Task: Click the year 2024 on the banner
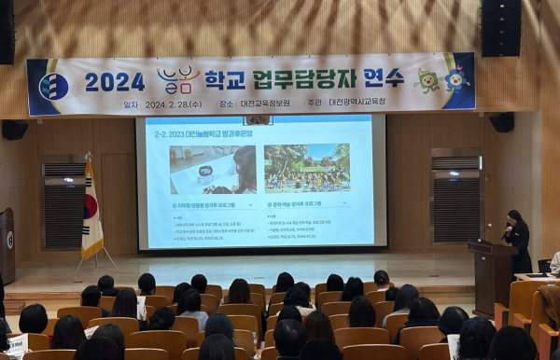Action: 114,82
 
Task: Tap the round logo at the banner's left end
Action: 53,87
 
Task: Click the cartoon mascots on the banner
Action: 442,80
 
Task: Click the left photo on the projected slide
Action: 212,169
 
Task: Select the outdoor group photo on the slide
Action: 307,168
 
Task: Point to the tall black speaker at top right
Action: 501,27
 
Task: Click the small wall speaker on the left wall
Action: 14,130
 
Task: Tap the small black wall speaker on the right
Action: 502,122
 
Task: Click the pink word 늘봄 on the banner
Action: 178,80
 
